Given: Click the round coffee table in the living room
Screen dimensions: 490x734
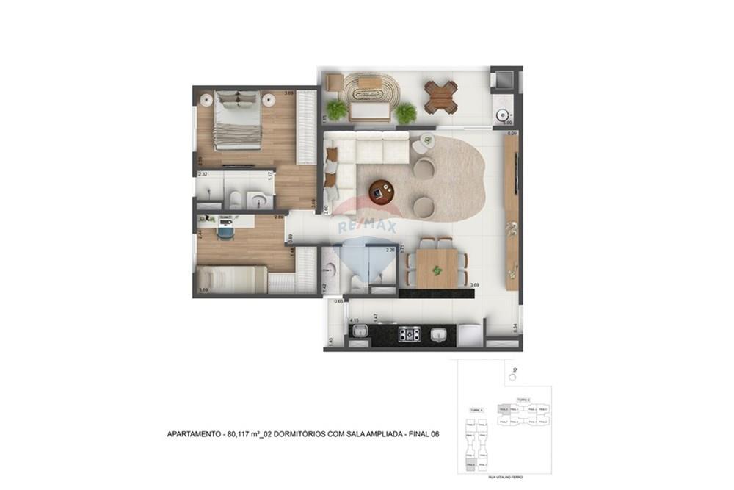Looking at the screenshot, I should coord(381,191).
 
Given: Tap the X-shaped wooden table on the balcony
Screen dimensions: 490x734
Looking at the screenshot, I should coord(440,94).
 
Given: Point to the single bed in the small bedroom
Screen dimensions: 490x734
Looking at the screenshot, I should coord(231,280).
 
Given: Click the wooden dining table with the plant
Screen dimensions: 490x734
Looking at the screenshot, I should coord(437,269).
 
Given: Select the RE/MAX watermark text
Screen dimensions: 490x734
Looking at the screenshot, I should coord(366,226).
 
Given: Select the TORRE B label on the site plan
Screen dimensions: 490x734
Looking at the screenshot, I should coord(523,400).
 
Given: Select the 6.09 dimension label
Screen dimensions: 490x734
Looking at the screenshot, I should coord(512,133).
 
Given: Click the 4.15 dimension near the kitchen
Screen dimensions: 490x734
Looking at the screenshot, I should coord(354,321).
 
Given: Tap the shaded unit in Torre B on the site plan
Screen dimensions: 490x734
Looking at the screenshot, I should coord(503,410).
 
